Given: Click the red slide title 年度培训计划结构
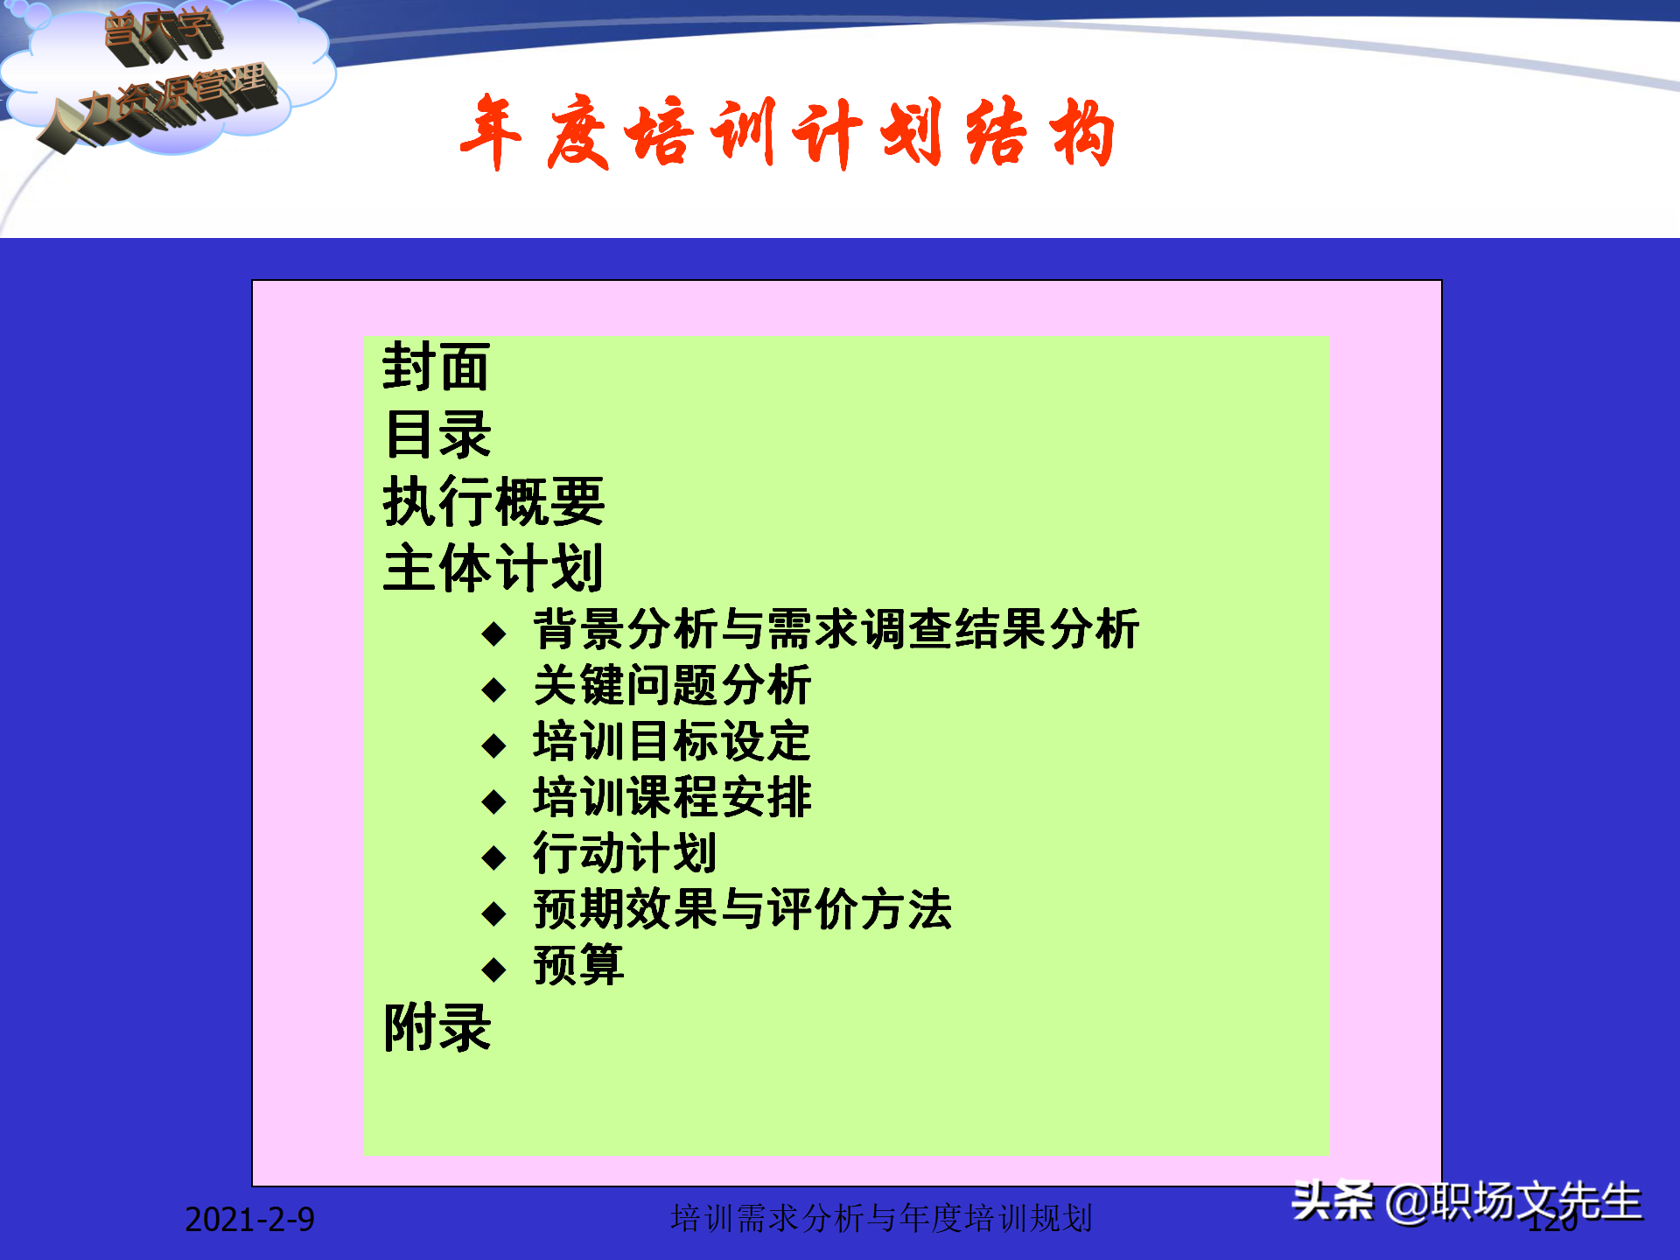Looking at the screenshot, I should coord(787,133).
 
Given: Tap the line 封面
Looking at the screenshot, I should coord(436,367).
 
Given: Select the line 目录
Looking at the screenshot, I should coord(437,434).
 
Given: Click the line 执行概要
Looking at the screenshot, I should coord(493,501).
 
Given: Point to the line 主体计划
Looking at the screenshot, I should coord(493,568).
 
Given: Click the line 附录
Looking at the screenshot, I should coord(437,1026).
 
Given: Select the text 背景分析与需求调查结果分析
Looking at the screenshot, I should coord(836,629).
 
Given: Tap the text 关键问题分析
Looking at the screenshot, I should coord(672,685).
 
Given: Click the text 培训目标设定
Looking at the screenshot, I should coord(672,741).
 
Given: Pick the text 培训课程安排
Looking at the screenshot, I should coord(672,797).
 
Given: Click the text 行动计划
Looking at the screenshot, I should coord(625,853).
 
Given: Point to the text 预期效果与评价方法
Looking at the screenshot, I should coord(742,909).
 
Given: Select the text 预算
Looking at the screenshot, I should coord(578,965).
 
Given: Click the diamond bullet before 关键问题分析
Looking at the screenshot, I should coord(494,689).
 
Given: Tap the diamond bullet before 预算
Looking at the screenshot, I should coord(494,969).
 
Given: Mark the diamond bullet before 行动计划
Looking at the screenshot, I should coord(494,857).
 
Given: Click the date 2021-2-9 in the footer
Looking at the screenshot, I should coord(249,1219).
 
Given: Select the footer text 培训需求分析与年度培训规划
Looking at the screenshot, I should coord(881,1218).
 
